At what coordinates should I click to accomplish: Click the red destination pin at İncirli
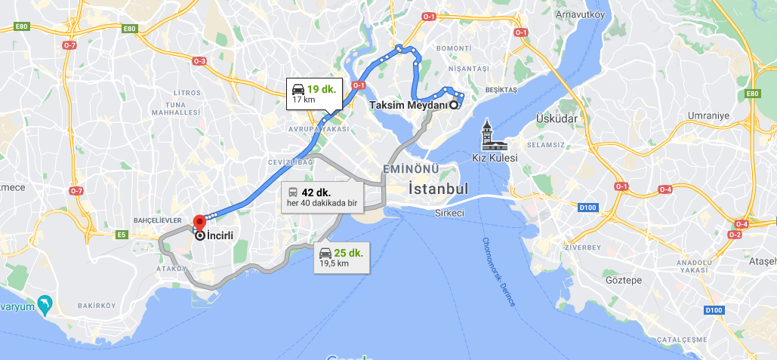199,222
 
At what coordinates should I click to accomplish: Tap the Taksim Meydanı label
409,106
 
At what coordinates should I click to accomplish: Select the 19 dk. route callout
314,94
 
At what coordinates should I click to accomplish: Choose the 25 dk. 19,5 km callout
341,257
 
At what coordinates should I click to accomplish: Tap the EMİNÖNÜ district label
410,168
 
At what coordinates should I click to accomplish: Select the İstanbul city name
439,189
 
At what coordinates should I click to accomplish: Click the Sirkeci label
449,213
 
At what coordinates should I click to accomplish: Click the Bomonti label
453,48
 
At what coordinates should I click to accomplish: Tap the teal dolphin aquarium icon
45,303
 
